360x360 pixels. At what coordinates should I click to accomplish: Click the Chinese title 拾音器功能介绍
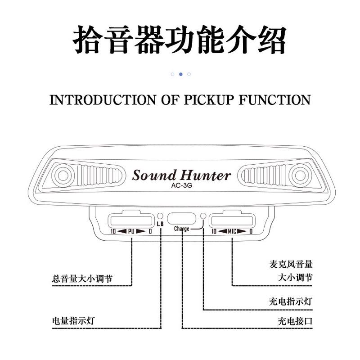tap(180, 40)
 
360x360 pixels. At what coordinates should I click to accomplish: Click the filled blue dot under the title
tap(180, 74)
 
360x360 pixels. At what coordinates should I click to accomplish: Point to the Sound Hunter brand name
tap(181, 175)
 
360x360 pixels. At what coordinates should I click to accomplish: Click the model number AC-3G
tap(181, 185)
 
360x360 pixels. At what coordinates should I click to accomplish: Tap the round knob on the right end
tap(299, 175)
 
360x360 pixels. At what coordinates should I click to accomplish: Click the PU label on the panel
tap(131, 231)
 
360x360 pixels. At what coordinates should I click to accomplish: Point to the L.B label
tap(160, 224)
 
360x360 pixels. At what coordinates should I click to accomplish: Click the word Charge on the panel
tap(182, 229)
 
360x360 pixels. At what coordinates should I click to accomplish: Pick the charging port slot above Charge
tap(182, 219)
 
